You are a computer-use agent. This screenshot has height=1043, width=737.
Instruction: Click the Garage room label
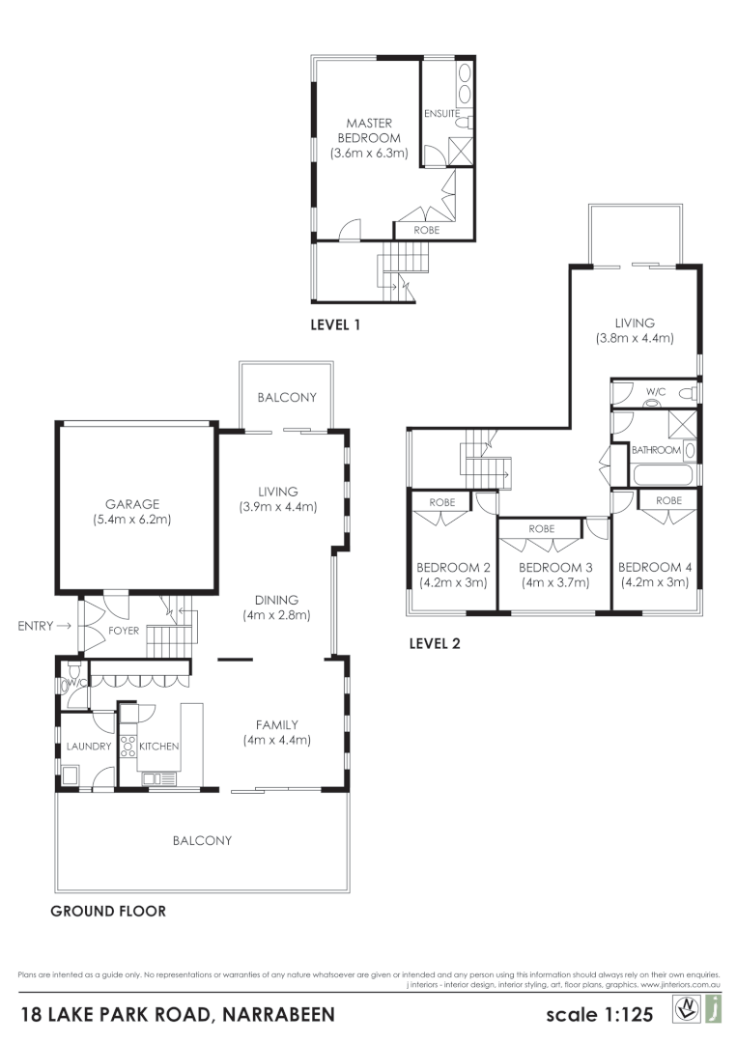[134, 503]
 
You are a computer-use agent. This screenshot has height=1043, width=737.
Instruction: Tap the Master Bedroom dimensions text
[368, 153]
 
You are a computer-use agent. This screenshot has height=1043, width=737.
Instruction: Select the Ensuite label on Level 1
[441, 113]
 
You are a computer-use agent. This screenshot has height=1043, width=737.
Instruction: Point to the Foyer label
[130, 631]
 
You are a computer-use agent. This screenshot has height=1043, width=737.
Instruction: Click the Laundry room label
[89, 747]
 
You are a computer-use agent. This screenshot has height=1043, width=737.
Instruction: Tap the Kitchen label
[159, 747]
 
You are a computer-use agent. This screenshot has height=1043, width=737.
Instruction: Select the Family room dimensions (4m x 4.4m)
[276, 741]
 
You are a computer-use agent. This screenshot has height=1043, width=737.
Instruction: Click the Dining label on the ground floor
[276, 599]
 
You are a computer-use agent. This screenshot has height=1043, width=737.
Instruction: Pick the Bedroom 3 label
[554, 567]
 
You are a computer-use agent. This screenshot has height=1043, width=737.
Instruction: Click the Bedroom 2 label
[452, 567]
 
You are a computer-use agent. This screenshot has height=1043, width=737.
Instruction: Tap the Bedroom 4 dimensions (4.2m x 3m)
[653, 582]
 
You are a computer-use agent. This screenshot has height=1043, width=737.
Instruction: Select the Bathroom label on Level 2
[656, 450]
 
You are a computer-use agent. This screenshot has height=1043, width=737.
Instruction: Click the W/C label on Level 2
[656, 392]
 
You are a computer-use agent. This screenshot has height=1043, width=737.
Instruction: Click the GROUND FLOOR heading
[108, 911]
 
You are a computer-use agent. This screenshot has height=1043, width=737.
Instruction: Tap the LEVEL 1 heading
[335, 325]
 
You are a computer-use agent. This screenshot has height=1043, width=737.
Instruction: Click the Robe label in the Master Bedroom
[426, 231]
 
